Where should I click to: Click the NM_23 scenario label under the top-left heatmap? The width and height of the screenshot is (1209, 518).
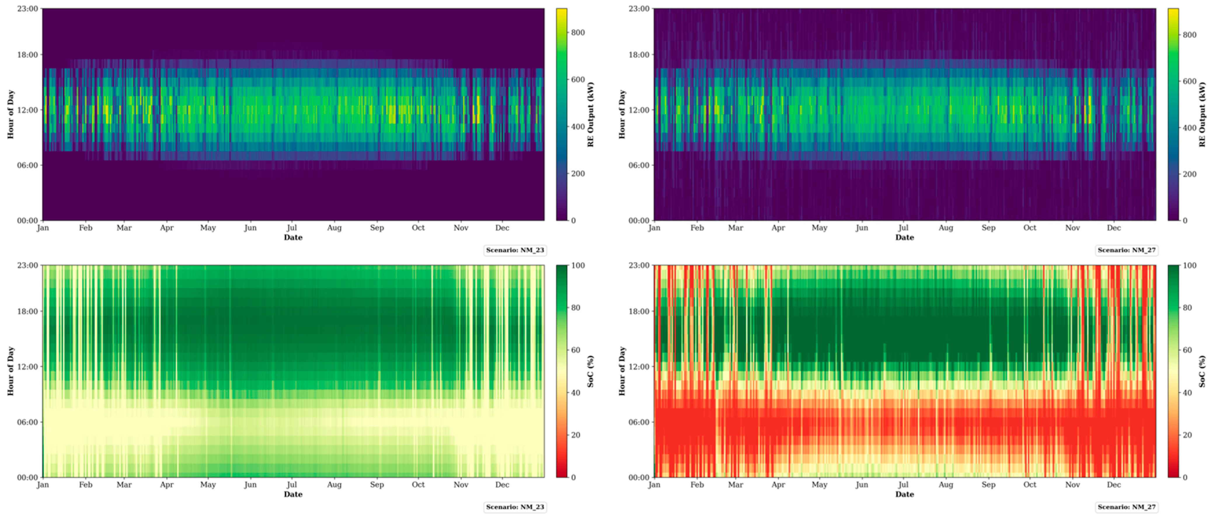515,250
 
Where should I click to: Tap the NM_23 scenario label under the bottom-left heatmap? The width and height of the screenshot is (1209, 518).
515,507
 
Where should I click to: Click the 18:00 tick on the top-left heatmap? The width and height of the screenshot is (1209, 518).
28,55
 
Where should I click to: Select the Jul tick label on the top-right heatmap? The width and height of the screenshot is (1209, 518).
903,228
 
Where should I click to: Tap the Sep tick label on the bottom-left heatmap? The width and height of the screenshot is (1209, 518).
377,485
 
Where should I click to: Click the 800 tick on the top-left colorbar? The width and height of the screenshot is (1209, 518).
578,33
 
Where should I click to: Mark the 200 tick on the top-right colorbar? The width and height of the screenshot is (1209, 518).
1189,174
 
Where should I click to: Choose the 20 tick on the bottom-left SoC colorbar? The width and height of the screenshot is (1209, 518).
575,435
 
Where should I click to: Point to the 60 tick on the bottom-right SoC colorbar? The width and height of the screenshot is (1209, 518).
1187,350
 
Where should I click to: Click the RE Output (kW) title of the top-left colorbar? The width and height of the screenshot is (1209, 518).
590,114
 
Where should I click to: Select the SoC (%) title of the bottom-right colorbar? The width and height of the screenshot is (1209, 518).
1202,371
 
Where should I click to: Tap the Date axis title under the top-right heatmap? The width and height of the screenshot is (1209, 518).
904,238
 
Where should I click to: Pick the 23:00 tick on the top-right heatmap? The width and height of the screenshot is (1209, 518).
639,9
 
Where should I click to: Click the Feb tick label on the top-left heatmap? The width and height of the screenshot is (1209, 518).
86,228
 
